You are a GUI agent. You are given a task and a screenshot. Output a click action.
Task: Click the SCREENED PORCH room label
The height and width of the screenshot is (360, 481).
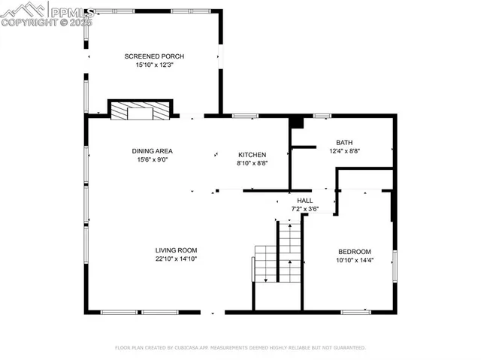(x=154, y=56)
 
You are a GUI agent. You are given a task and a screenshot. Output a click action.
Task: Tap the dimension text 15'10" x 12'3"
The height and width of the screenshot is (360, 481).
(x=154, y=65)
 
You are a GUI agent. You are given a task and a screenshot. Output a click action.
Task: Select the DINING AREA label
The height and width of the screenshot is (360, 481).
(x=153, y=150)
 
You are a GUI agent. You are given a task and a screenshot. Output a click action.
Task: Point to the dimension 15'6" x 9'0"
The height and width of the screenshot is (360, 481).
(x=153, y=159)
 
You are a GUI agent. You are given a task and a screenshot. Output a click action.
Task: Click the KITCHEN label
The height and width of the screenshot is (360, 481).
(x=252, y=154)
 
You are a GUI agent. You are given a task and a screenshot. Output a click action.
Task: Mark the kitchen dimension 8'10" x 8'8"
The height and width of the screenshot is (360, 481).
(x=252, y=163)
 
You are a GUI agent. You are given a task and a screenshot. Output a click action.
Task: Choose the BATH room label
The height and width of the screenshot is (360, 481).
(x=344, y=142)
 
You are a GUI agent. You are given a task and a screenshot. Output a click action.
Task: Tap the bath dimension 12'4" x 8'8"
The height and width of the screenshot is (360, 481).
(x=344, y=151)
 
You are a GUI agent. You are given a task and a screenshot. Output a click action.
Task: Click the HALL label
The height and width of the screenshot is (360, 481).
(x=304, y=201)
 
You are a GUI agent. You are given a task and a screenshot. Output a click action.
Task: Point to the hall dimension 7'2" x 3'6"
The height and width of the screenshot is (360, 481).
(x=304, y=209)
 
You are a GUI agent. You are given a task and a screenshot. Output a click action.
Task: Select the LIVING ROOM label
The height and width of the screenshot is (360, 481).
(x=176, y=250)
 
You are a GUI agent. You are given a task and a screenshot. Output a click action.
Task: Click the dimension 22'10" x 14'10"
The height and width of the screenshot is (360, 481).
(x=176, y=259)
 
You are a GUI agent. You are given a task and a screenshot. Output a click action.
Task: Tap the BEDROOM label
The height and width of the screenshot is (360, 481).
(x=354, y=251)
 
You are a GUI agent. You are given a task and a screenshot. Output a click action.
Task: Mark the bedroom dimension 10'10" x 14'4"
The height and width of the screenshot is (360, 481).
(x=354, y=260)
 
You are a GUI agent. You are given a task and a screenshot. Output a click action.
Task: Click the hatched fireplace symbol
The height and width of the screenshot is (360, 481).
(x=141, y=110)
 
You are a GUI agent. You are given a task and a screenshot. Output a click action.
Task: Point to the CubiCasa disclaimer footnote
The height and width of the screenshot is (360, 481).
(x=240, y=348)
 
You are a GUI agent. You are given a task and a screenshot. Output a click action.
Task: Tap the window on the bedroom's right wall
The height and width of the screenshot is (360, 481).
(x=395, y=267)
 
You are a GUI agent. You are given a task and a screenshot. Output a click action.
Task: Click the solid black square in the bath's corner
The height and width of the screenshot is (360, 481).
(x=297, y=121)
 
